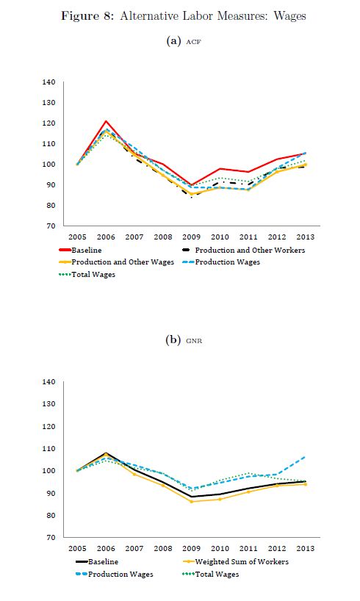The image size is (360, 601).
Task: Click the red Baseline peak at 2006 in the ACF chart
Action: pos(106,121)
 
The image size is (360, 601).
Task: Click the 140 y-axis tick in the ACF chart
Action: pos(49,82)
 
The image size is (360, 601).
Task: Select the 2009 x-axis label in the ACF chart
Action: pos(191,237)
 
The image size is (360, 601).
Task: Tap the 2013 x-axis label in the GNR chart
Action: pos(306,549)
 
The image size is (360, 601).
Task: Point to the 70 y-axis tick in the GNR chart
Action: pos(51,537)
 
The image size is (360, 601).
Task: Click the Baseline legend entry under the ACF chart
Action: pos(81,251)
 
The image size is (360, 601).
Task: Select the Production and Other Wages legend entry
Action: pos(117,262)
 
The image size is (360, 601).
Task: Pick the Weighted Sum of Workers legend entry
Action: pos(236,562)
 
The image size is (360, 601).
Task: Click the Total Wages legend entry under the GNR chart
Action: pos(211,574)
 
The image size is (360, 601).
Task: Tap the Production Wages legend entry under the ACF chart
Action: pos(222,262)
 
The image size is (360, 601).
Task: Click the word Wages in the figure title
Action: pos(289,16)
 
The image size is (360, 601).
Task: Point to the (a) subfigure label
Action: pos(173,41)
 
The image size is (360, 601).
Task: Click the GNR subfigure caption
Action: pos(194,341)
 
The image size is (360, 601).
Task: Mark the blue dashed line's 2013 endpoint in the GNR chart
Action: pos(306,457)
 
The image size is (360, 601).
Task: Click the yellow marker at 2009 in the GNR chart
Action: pos(191,501)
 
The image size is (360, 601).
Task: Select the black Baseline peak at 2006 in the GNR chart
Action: pos(106,453)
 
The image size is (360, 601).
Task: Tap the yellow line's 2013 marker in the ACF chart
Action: pos(306,165)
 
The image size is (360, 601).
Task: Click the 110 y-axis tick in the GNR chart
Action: pos(49,448)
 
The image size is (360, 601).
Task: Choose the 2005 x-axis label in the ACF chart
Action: pos(77,237)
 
